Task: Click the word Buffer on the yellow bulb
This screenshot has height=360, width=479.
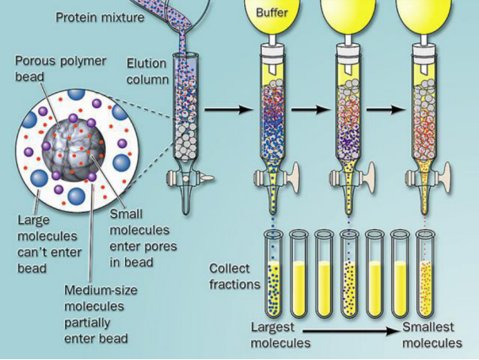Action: (x=272, y=12)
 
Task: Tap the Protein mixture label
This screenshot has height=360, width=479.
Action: (x=100, y=17)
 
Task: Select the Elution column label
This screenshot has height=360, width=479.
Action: (x=148, y=71)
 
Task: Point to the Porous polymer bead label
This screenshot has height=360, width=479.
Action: (x=61, y=68)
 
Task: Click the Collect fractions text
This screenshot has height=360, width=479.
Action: (x=234, y=276)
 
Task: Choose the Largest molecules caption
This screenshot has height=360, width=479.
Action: (x=280, y=335)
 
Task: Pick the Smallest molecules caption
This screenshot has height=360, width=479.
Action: (x=432, y=335)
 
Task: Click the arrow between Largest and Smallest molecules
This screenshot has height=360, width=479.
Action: (x=351, y=330)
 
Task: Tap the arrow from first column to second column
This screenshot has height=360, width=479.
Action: (x=229, y=109)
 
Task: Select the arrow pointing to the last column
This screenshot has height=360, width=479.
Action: (x=386, y=109)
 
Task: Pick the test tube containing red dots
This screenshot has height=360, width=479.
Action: (x=426, y=274)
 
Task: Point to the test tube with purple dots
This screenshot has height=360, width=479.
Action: (x=350, y=274)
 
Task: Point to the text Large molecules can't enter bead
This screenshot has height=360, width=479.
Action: (x=49, y=244)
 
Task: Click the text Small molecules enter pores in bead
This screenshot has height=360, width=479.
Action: (x=143, y=237)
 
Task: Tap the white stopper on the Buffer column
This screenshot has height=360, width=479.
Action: (x=273, y=51)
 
